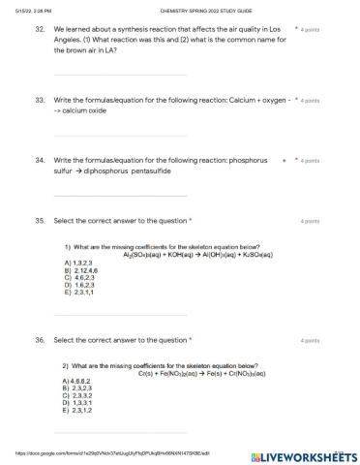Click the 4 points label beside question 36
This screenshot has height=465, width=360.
pos(310,341)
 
